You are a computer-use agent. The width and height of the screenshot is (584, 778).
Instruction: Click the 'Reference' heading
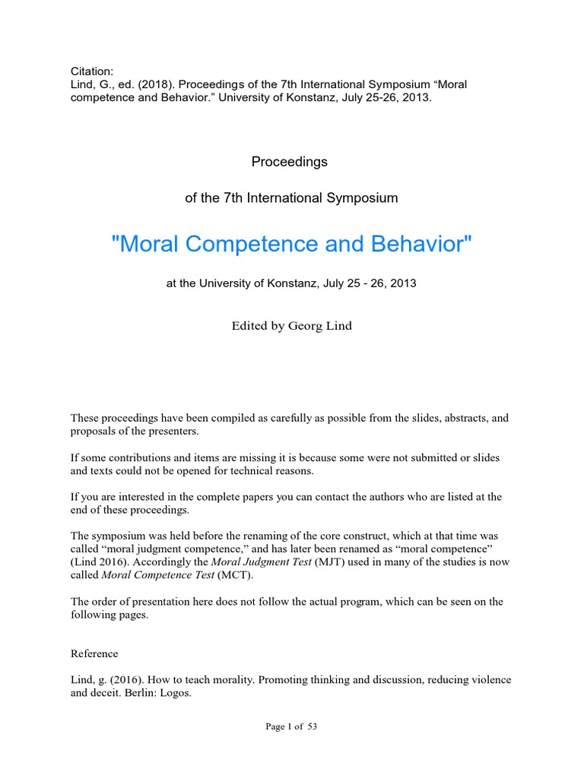click(94, 653)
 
